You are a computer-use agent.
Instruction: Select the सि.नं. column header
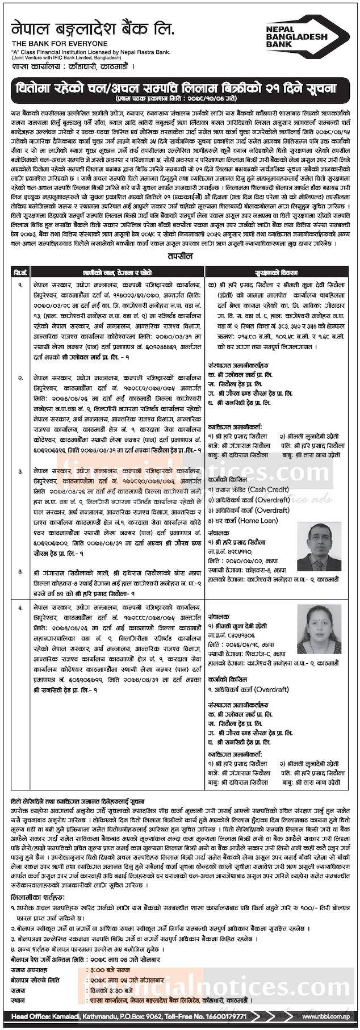pos(19,273)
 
